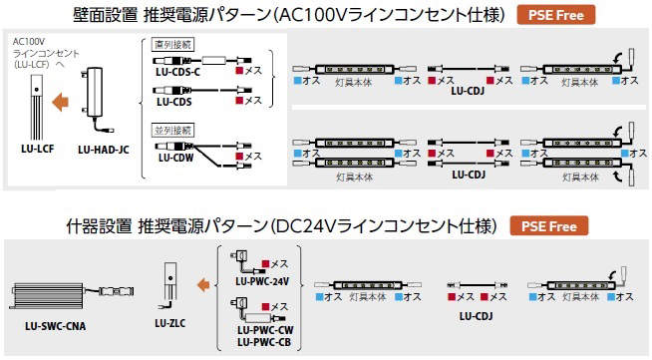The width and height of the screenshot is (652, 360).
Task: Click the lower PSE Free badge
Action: pos(548,226)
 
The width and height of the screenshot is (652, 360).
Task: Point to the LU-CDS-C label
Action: pos(178,71)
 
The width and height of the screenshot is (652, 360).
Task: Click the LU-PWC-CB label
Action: pos(262,342)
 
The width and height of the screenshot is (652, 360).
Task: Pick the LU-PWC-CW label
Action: pos(262,330)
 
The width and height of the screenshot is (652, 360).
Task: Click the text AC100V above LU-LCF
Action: pos(28,43)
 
